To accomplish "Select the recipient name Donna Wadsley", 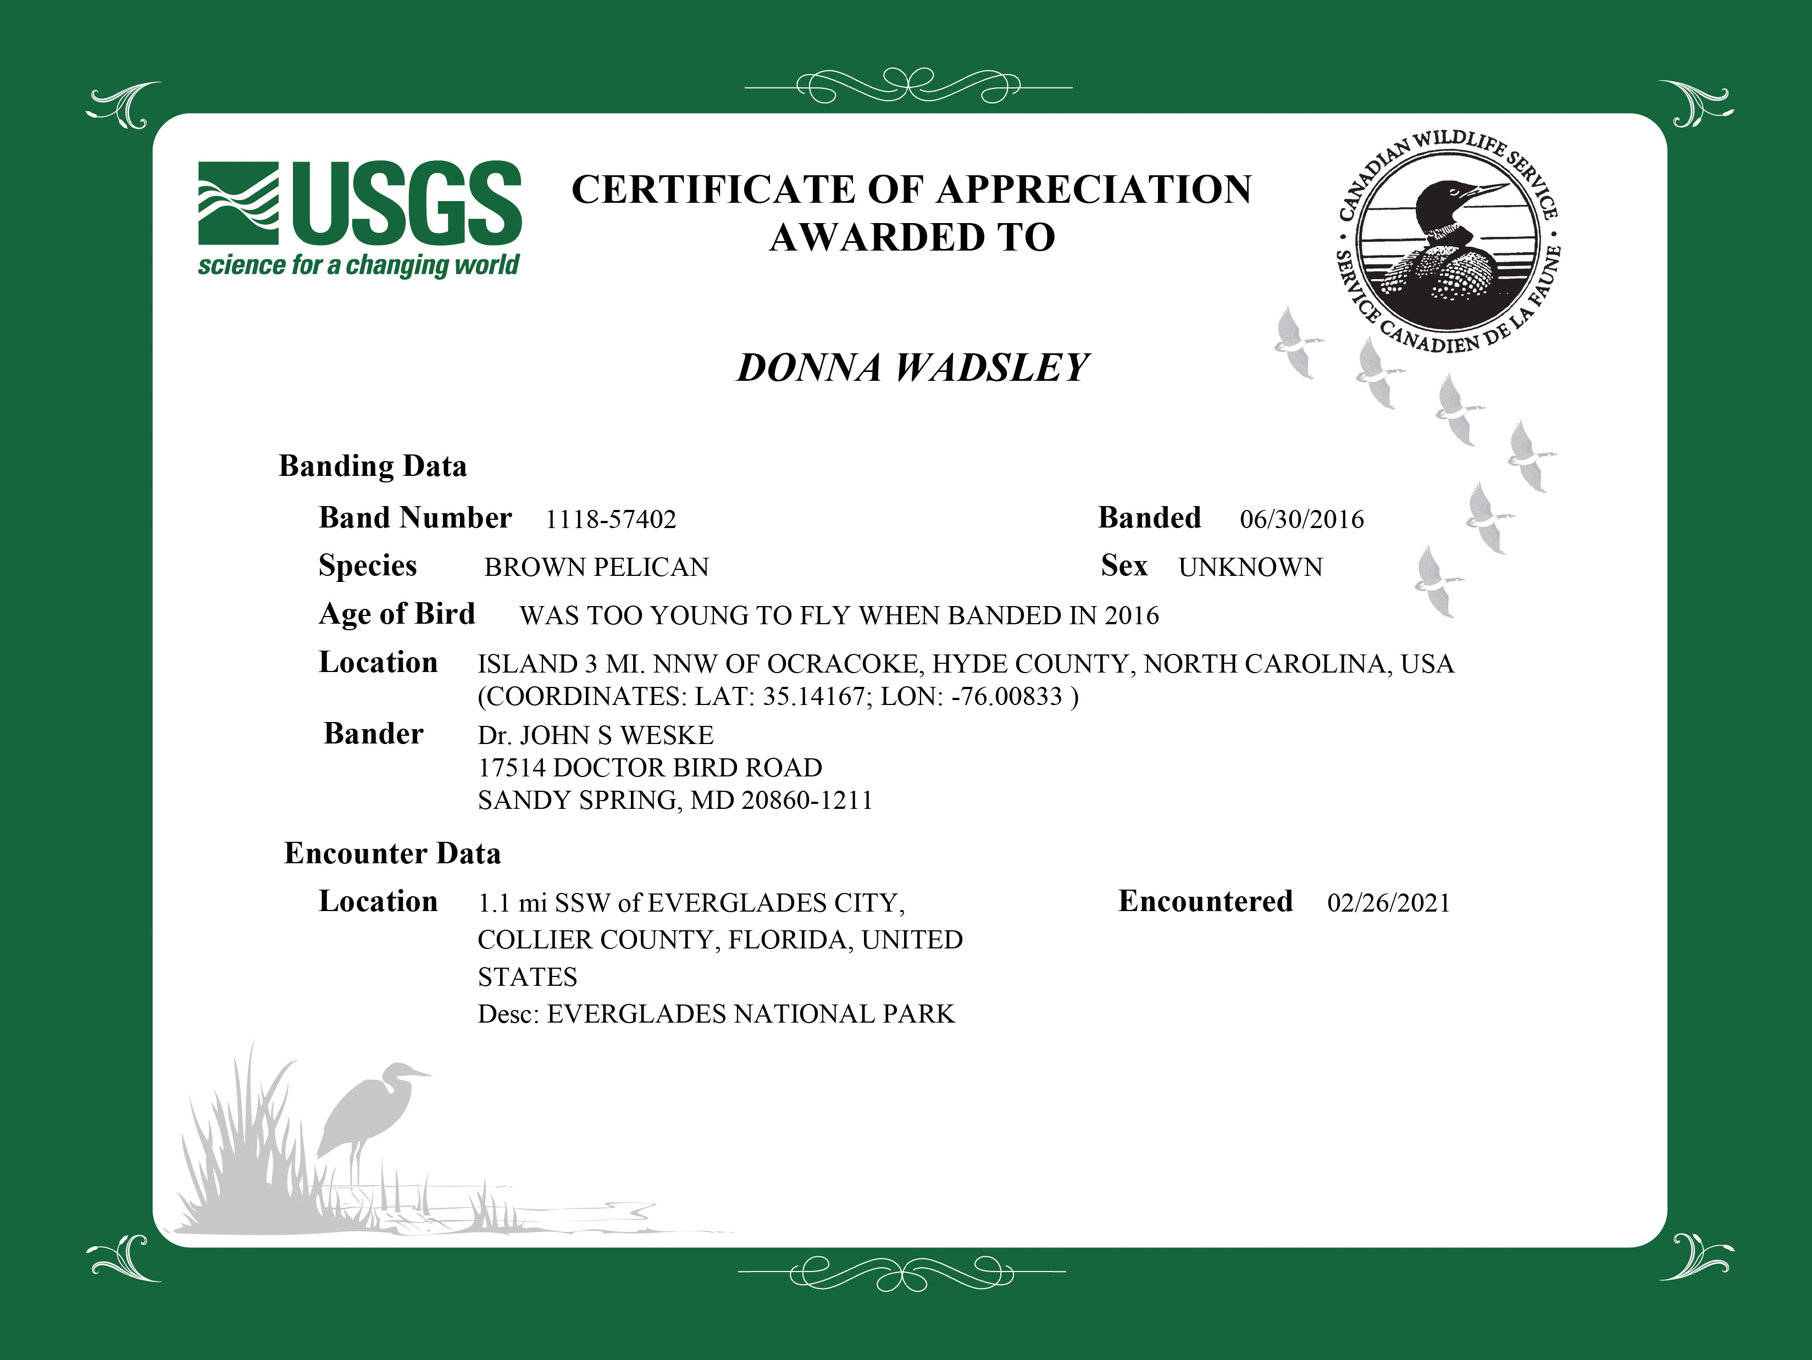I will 912,368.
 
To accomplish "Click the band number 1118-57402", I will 610,519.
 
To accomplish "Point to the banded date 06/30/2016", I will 1301,519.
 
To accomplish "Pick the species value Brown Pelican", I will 596,568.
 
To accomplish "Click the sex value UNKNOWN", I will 1250,568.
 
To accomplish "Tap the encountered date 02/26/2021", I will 1388,903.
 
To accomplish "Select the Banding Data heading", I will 373,466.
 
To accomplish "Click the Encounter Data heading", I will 392,853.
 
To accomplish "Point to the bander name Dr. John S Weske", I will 596,735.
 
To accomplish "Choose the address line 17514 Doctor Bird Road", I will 650,768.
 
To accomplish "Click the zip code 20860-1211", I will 807,800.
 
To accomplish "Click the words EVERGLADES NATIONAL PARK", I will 750,1014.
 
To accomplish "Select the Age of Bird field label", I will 396,614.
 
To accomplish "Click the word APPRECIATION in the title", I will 1094,190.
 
